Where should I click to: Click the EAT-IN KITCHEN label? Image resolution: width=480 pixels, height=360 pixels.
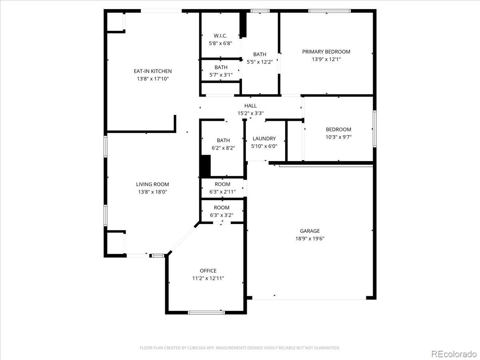pyautogui.click(x=153, y=71)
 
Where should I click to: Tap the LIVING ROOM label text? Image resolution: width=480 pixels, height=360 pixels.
pyautogui.click(x=152, y=184)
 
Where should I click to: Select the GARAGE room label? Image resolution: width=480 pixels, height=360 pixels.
pyautogui.click(x=310, y=231)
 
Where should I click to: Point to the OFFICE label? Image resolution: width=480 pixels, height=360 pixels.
pyautogui.click(x=208, y=271)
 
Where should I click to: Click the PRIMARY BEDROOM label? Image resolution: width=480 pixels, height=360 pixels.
pyautogui.click(x=326, y=52)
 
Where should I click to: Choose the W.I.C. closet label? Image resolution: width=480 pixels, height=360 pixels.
pyautogui.click(x=220, y=36)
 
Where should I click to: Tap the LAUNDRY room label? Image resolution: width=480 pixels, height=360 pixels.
pyautogui.click(x=264, y=139)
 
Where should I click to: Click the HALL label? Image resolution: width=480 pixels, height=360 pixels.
pyautogui.click(x=250, y=106)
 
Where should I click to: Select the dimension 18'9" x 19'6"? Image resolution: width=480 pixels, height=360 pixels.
pyautogui.click(x=310, y=238)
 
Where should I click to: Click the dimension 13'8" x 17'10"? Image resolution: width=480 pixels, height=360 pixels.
pyautogui.click(x=153, y=79)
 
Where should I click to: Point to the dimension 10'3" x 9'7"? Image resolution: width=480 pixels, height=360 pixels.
pyautogui.click(x=338, y=137)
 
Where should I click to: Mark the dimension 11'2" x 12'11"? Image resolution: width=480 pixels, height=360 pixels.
pyautogui.click(x=208, y=278)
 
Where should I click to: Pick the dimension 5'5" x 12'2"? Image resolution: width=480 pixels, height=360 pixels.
pyautogui.click(x=260, y=62)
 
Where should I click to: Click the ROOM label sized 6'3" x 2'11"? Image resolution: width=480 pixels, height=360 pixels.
pyautogui.click(x=222, y=184)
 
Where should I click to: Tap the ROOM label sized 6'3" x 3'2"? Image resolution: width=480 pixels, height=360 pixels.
pyautogui.click(x=222, y=208)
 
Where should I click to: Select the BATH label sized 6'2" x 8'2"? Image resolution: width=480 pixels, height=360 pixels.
pyautogui.click(x=223, y=140)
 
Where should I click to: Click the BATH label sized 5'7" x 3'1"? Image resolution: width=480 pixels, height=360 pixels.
pyautogui.click(x=221, y=67)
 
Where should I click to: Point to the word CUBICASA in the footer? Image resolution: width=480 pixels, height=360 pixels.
pyautogui.click(x=196, y=348)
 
